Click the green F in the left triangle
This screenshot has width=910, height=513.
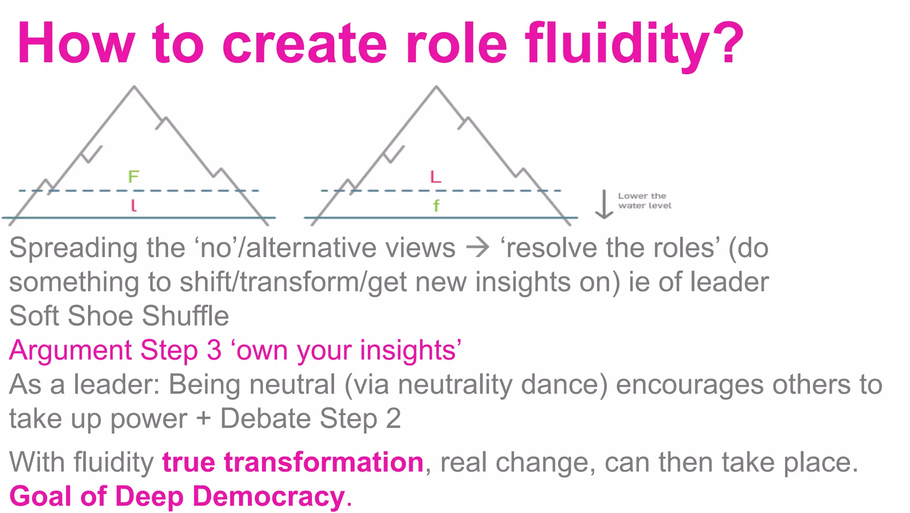point(134,177)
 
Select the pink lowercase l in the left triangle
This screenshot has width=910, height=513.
point(133,205)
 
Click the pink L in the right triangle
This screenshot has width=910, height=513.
point(435,177)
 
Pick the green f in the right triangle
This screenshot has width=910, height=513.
point(436,206)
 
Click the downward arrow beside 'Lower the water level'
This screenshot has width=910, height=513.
point(604,205)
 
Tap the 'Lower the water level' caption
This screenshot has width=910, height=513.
point(644,201)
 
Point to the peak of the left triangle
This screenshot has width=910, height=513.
point(134,87)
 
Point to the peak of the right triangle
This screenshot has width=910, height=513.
point(436,87)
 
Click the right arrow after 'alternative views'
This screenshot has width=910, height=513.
point(478,248)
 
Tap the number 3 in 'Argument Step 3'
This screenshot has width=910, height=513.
point(214,350)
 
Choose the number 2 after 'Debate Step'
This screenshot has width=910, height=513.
point(393,419)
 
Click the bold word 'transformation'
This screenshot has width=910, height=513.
point(323,462)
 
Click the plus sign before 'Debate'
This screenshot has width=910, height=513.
point(204,419)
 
